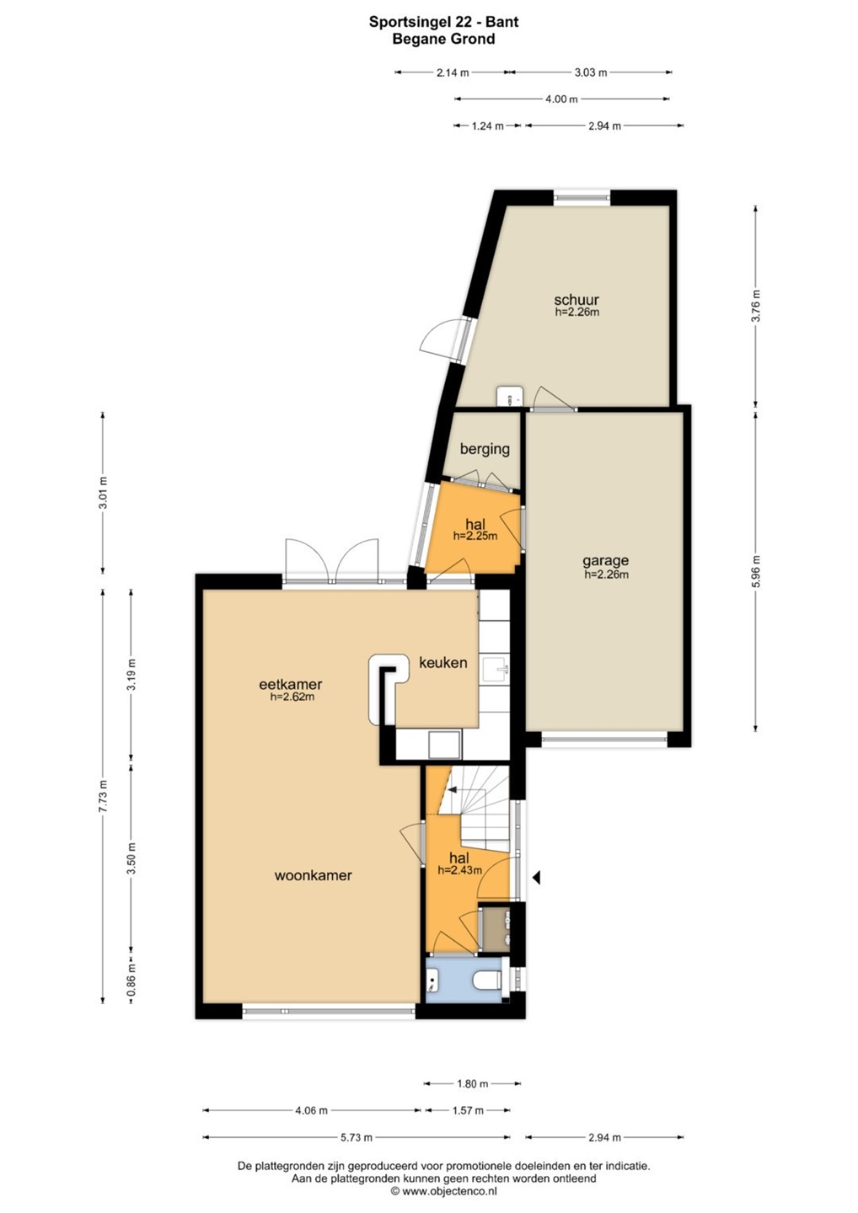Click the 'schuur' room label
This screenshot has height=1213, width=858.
click(x=576, y=300)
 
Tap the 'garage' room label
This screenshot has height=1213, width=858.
click(x=606, y=561)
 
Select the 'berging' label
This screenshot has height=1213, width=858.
click(x=485, y=449)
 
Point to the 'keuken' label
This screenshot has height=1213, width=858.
click(x=443, y=662)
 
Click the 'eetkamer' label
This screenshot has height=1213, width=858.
click(x=290, y=684)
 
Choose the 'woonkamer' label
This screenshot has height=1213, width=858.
click(x=313, y=875)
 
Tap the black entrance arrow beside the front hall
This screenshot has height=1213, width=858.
click(x=537, y=878)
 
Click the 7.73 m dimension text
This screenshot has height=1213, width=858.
click(x=104, y=796)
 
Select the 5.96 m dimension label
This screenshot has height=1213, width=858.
click(x=757, y=572)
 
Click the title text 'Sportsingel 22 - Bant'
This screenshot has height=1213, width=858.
click(x=443, y=22)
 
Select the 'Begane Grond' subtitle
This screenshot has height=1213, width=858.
click(x=443, y=39)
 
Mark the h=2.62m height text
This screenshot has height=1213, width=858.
click(x=292, y=697)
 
